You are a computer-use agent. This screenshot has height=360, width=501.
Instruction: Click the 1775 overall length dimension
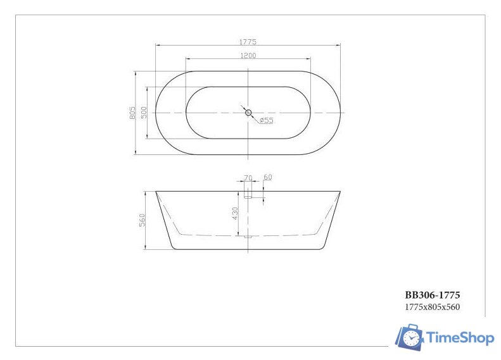pos(248,42)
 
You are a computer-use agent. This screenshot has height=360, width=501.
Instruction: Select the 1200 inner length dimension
pos(248,56)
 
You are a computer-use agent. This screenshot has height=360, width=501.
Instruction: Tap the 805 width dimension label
pos(132,113)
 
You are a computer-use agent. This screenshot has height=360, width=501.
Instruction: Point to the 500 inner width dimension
pos(144,113)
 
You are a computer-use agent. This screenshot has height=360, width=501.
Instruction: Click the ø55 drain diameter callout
pos(266,120)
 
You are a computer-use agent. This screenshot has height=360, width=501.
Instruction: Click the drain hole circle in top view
pos(248,113)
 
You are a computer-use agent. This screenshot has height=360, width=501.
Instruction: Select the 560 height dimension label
pos(143,220)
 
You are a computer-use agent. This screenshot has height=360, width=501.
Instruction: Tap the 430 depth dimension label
pos(235,213)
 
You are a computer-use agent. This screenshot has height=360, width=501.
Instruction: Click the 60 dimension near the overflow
pos(267,178)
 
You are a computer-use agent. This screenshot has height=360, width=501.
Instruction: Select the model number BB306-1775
pos(432,295)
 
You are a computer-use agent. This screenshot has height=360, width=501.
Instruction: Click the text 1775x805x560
pos(432,307)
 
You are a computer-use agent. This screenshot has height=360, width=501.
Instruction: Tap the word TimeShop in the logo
pos(460,338)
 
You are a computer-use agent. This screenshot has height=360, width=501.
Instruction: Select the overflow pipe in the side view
pos(248,190)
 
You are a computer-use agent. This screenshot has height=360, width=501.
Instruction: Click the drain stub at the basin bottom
pos(248,237)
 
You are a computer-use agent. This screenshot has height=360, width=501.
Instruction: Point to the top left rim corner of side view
pos(156,191)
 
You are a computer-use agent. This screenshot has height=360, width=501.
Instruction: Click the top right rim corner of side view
pos(340,191)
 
